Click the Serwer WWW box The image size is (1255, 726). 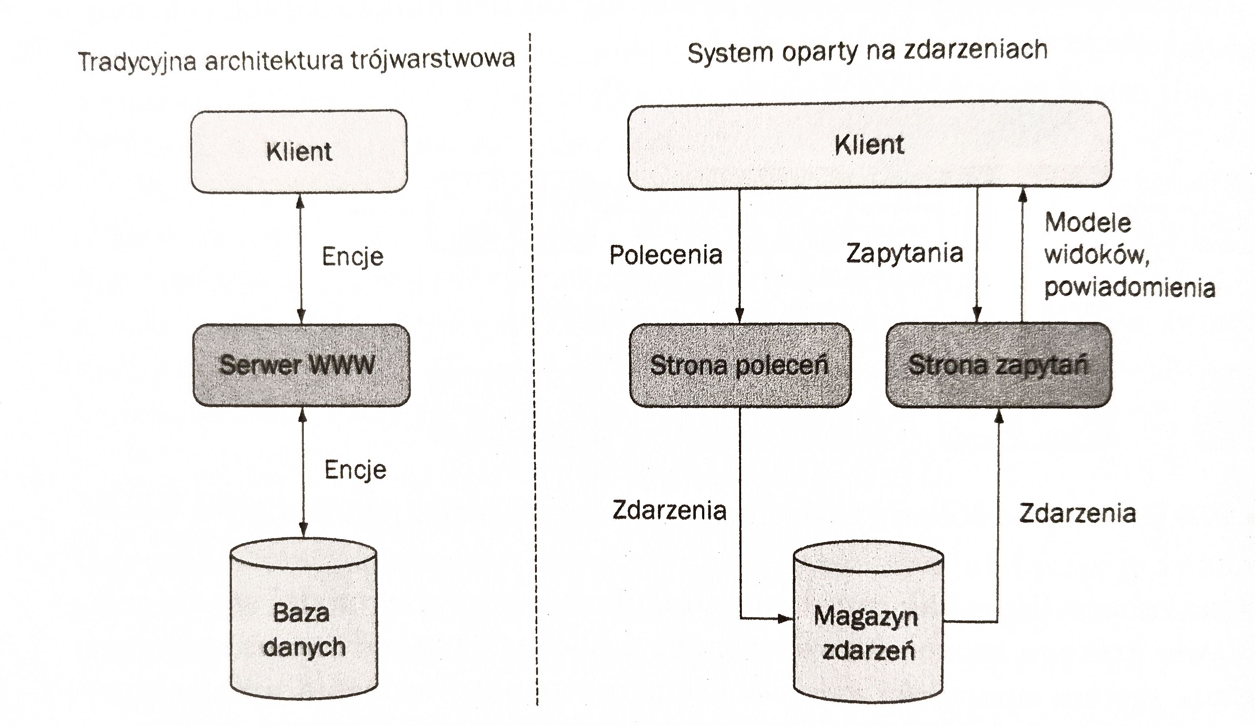(301, 365)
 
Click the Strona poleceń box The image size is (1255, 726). (740, 365)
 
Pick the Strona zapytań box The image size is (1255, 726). (999, 365)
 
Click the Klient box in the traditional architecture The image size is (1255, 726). (299, 151)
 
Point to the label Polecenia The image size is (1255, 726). (666, 255)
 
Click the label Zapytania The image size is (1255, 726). (905, 253)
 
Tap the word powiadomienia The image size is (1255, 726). (1130, 288)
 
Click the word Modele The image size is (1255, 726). (1088, 223)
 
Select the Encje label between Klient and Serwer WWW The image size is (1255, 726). (353, 257)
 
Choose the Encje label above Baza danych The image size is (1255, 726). (355, 470)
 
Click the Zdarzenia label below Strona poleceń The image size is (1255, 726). (669, 511)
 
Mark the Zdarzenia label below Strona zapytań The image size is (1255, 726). (1077, 514)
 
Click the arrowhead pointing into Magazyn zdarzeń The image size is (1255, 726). (785, 619)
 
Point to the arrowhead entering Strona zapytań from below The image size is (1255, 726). (998, 416)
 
